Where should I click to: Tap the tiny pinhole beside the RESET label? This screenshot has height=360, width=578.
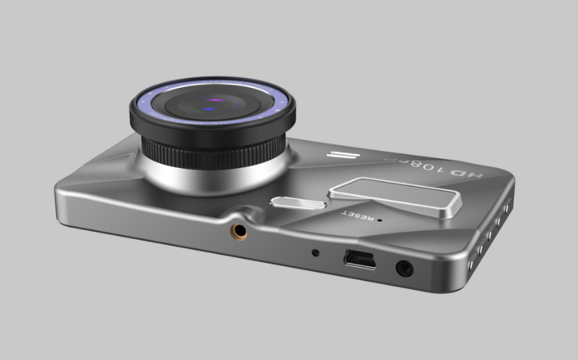point(380,219)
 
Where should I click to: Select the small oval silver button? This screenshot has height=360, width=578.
point(297,203)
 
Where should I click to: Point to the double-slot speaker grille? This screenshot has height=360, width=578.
point(342,156)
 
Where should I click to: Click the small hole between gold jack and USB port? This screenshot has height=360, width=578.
point(315,252)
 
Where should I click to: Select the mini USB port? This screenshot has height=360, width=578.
point(359,259)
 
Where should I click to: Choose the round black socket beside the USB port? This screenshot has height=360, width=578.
point(404,268)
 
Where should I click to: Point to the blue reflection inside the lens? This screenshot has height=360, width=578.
point(209,109)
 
